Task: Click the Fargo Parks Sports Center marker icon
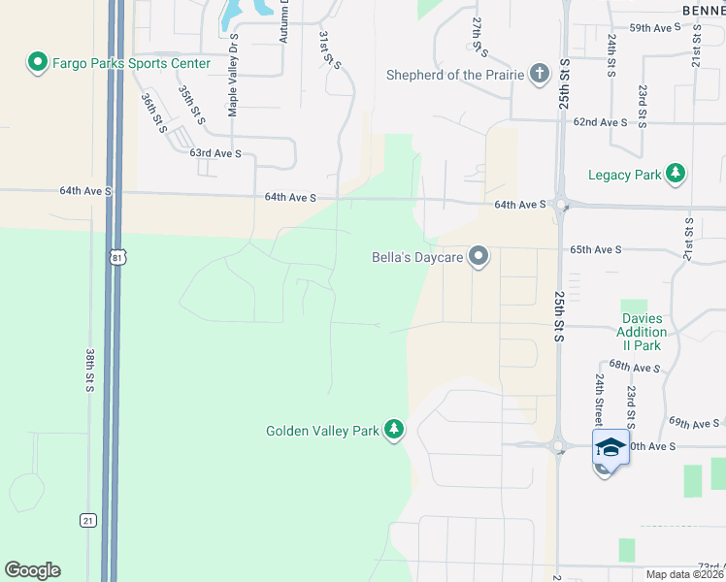click(x=38, y=63)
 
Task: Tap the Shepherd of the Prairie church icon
click(x=540, y=75)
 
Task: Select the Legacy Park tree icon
click(x=676, y=175)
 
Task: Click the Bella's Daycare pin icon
click(x=478, y=257)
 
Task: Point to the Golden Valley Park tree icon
click(x=393, y=430)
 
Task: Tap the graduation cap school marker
click(x=610, y=448)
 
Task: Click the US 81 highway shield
click(x=117, y=257)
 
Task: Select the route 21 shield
click(x=88, y=521)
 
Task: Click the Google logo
click(x=32, y=570)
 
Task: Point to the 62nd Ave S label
click(x=600, y=122)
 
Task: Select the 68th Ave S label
click(x=636, y=369)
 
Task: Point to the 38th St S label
click(x=89, y=372)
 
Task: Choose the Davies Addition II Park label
click(x=642, y=332)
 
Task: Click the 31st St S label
click(x=330, y=48)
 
